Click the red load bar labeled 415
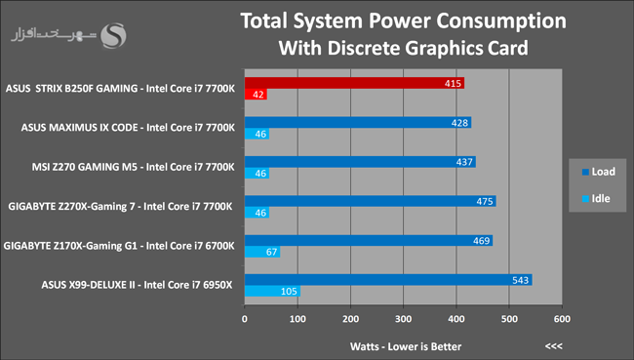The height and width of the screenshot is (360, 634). tap(354, 83)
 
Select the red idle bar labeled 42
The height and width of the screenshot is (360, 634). tap(256, 95)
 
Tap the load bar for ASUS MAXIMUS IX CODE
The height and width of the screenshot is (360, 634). tap(358, 123)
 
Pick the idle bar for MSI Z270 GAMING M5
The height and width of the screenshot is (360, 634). tap(257, 173)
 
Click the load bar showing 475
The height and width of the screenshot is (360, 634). tap(370, 201)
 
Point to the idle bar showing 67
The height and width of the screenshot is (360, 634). tap(262, 252)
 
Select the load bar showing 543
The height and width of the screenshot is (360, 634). tap(388, 279)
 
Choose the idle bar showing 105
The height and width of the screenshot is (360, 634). tap(272, 291)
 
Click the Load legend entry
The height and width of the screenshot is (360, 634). tap(599, 172)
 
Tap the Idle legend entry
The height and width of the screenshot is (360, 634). tap(596, 199)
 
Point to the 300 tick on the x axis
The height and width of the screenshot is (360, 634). tap(403, 319)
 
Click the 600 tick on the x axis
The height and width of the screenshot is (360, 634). tap(562, 319)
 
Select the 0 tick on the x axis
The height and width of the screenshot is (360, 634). tap(245, 319)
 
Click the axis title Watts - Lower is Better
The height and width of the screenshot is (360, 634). tap(406, 346)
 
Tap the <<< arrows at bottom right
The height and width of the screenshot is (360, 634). tap(554, 346)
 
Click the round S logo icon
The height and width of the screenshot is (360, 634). tap(113, 35)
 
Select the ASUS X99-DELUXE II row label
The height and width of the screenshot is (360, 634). tap(138, 285)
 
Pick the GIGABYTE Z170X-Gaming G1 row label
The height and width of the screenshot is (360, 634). tap(119, 246)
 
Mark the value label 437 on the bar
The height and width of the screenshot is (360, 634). tap(464, 162)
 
